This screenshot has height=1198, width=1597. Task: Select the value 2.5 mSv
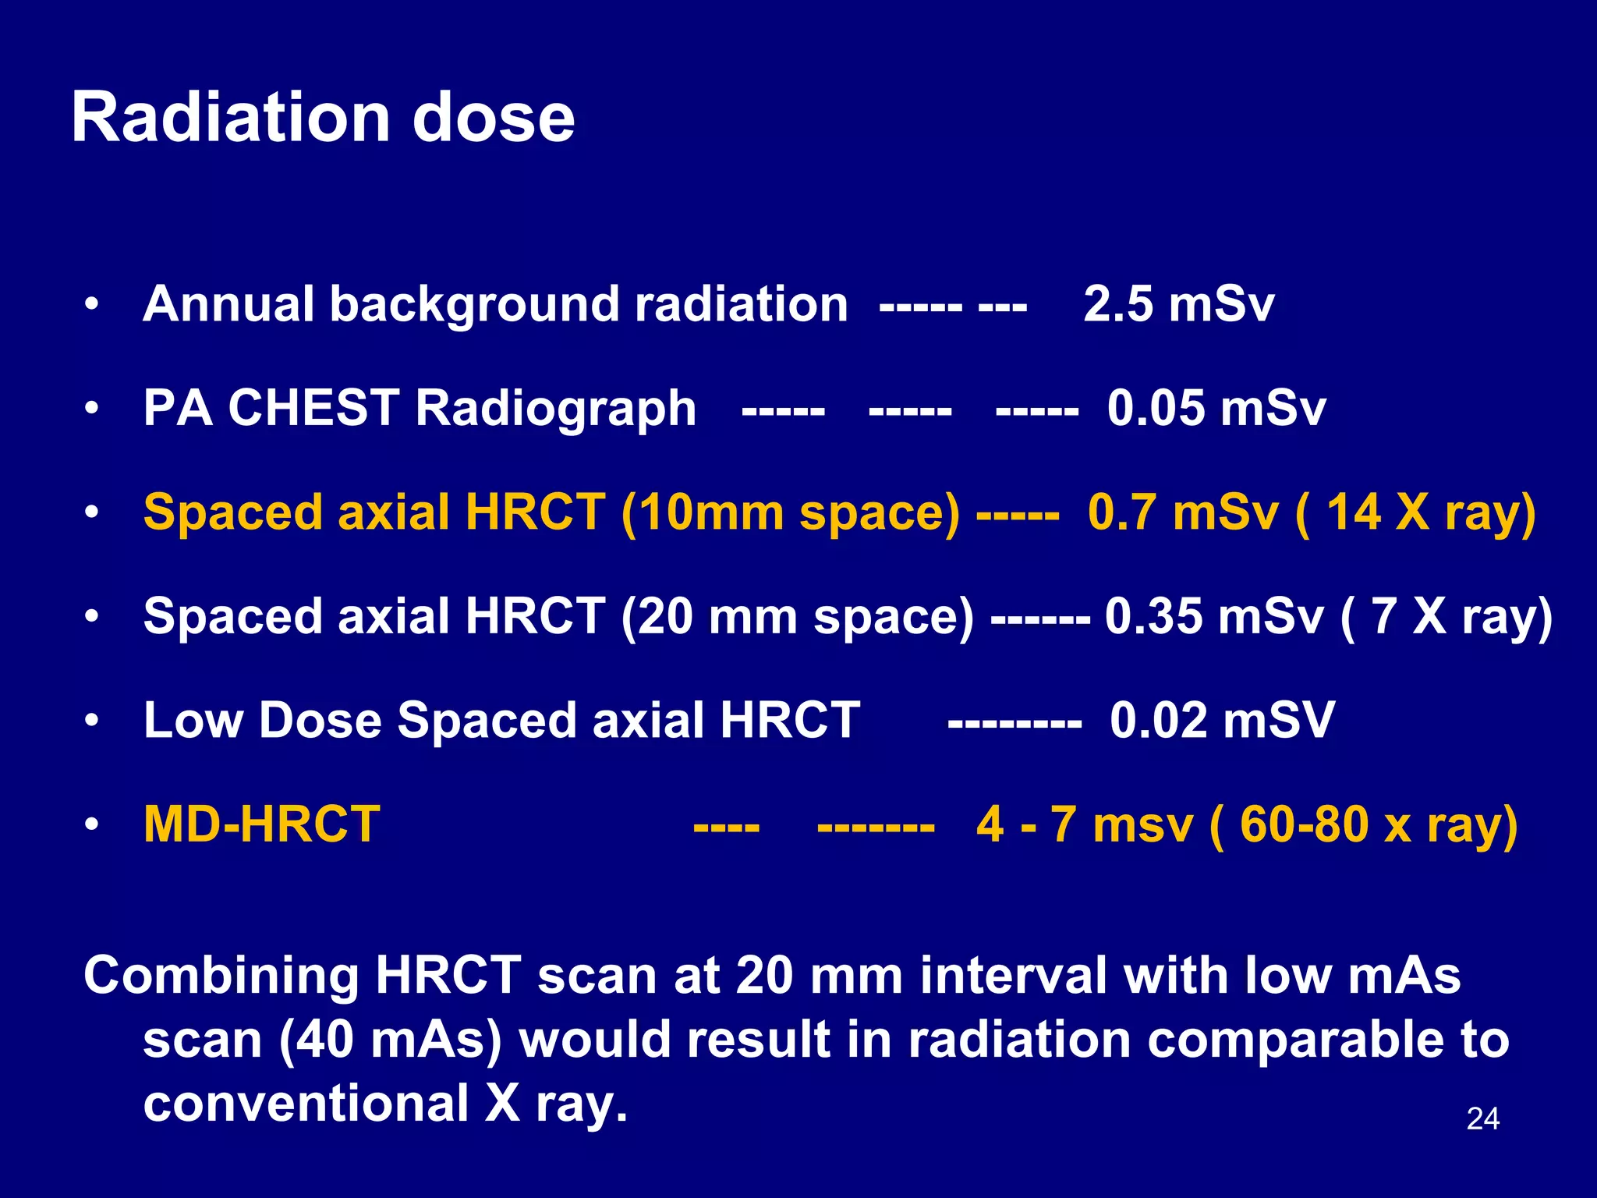[x=1178, y=304]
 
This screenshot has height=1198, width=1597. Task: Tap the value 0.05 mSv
[x=1216, y=408]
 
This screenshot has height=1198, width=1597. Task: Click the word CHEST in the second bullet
[x=313, y=408]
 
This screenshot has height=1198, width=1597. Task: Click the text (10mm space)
[x=790, y=513]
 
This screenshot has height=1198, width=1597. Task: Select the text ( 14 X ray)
[x=1415, y=513]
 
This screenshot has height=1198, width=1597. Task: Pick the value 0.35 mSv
[x=1213, y=616]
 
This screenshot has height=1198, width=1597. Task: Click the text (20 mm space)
[x=797, y=616]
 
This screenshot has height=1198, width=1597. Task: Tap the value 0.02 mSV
[x=1222, y=720]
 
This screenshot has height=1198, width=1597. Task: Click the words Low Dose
[x=263, y=720]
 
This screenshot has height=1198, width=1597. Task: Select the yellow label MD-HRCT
[x=262, y=824]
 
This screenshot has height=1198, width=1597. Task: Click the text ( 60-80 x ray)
[x=1363, y=824]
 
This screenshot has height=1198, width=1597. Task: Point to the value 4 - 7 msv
[x=1084, y=824]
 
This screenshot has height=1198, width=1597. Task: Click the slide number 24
[x=1482, y=1118]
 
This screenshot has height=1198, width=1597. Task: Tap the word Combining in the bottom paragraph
[x=221, y=976]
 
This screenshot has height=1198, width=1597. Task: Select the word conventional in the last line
[x=306, y=1104]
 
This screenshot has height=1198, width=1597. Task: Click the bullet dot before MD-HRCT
[x=92, y=824]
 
